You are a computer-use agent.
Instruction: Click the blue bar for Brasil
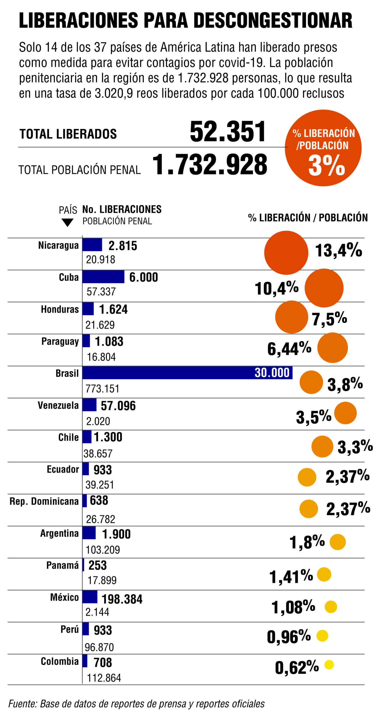[x=169, y=373]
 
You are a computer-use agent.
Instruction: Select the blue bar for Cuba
[x=103, y=277]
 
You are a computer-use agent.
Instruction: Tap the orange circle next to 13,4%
[x=286, y=252]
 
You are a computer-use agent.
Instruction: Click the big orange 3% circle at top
[x=323, y=148]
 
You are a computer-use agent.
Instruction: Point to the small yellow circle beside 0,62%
[x=329, y=665]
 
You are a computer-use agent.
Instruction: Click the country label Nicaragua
[x=58, y=245]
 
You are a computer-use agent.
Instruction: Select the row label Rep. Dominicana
[x=44, y=501]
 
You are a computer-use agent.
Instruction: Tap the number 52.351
[x=228, y=131]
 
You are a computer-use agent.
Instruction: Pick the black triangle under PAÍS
[x=67, y=223]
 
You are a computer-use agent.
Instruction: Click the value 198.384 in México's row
[x=122, y=599]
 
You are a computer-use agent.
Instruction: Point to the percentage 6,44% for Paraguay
[x=289, y=349]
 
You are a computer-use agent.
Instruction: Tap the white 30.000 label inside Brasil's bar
[x=272, y=373]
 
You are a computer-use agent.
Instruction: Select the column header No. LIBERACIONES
[x=122, y=209]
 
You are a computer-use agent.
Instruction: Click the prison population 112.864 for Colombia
[x=104, y=678]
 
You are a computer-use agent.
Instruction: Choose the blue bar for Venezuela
[x=89, y=405]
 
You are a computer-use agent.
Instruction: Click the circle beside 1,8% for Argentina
[x=337, y=542]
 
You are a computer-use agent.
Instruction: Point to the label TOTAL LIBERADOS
[x=68, y=134]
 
